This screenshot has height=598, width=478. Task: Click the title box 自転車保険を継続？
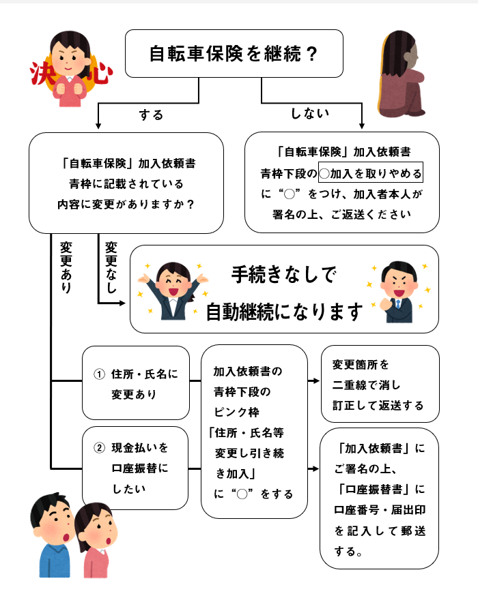point(234,53)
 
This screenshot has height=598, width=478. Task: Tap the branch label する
point(151,115)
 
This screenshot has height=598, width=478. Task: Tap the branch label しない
point(309,113)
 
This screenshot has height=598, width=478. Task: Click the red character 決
point(41,72)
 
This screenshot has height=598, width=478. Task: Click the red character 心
point(100,73)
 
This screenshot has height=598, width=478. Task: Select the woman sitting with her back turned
point(401,74)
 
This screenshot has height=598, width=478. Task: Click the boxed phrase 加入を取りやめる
point(371,173)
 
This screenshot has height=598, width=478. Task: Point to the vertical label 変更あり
point(66,267)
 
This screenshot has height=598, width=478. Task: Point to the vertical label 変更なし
point(111,267)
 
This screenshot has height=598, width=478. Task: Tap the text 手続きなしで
point(284,274)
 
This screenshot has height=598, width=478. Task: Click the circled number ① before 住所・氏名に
point(99,374)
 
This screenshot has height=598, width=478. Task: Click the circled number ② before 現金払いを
point(99,448)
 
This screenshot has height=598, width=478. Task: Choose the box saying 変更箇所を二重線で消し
point(380,384)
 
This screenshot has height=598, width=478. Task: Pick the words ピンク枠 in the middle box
point(237,413)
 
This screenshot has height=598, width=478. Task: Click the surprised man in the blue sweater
point(53,535)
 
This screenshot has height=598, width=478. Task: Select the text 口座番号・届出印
point(380,510)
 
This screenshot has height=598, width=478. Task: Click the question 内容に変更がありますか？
point(126,205)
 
